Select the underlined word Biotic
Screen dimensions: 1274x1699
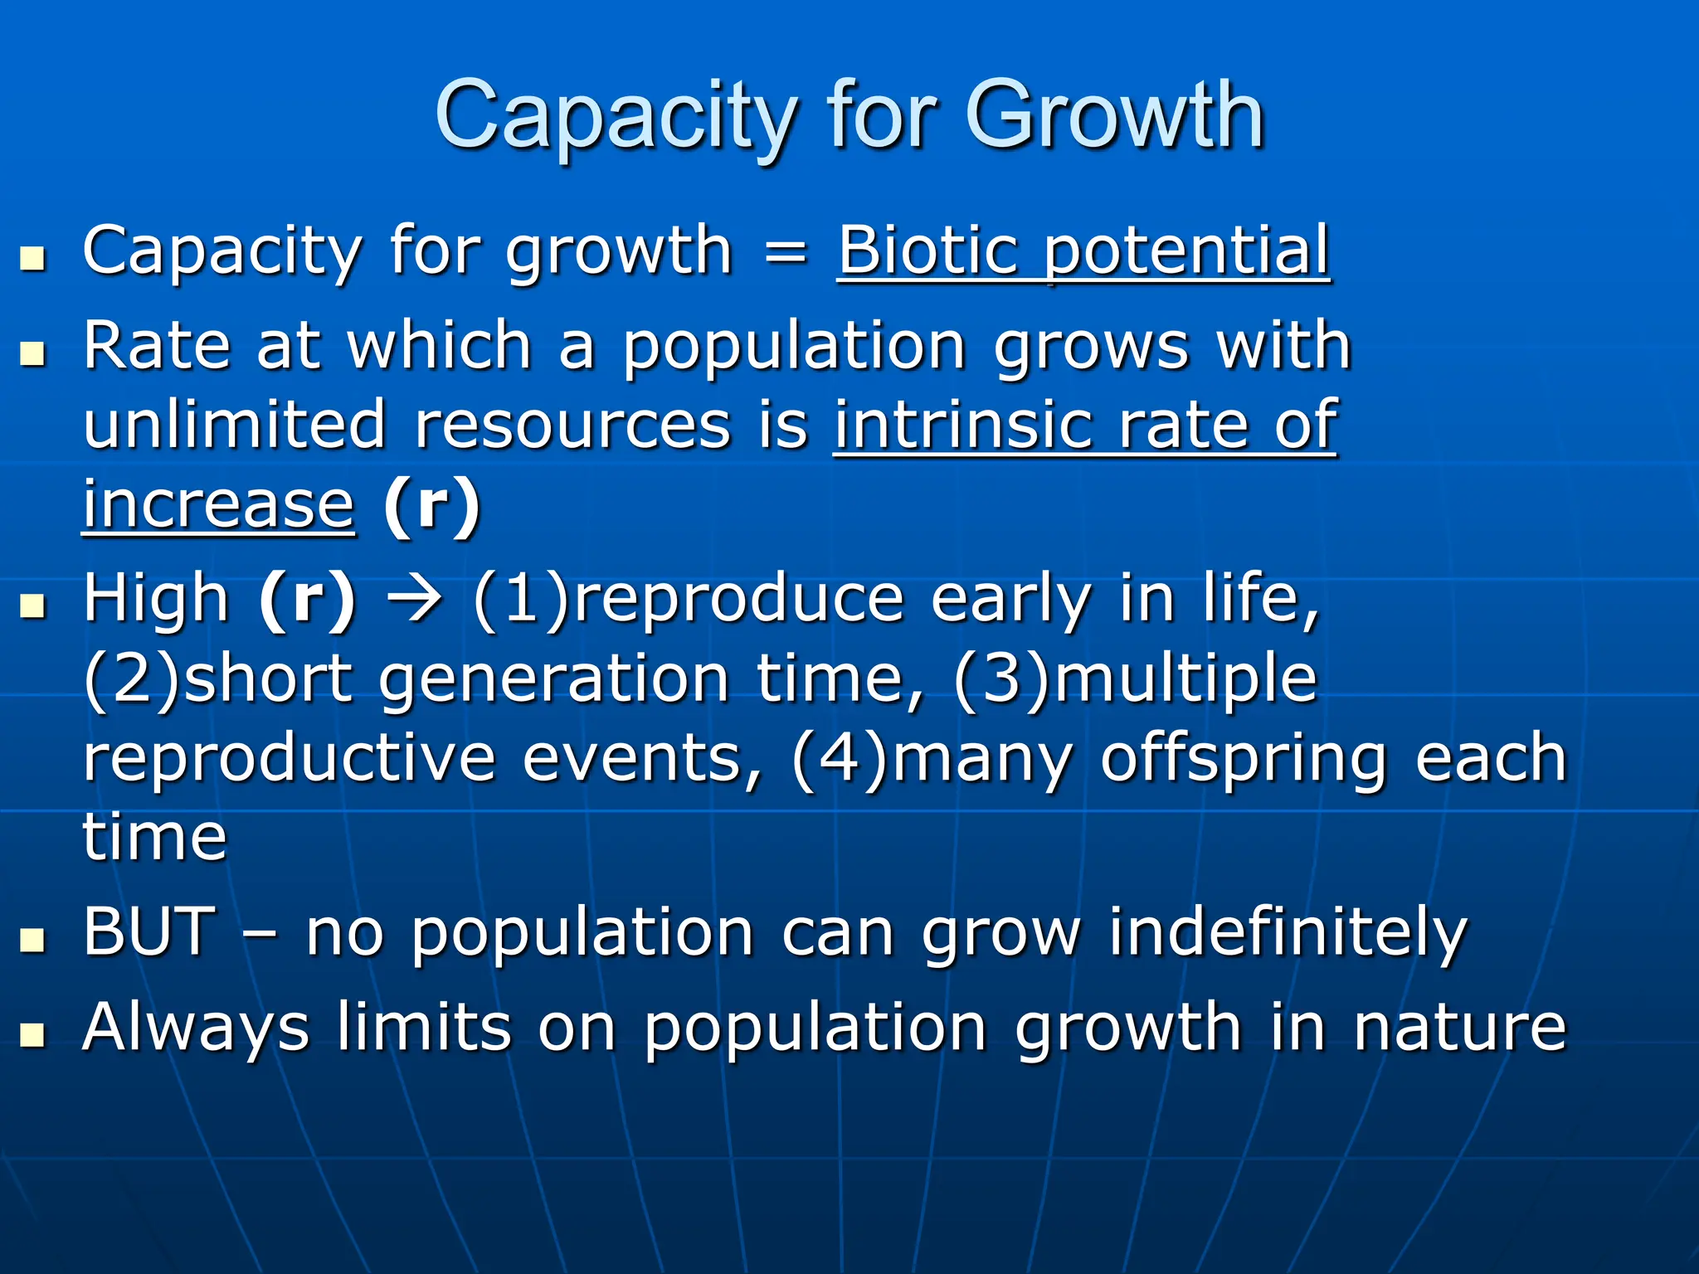point(927,250)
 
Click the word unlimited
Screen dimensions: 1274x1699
point(235,424)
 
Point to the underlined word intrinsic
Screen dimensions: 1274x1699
point(962,424)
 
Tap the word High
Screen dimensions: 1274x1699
point(156,599)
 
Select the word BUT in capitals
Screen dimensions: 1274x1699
point(150,931)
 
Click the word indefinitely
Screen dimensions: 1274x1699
point(1288,933)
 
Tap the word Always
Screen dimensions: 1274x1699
point(196,1028)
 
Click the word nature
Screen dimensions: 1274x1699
point(1460,1028)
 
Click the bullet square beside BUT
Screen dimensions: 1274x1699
point(32,941)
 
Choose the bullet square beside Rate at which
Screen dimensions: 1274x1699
point(32,354)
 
